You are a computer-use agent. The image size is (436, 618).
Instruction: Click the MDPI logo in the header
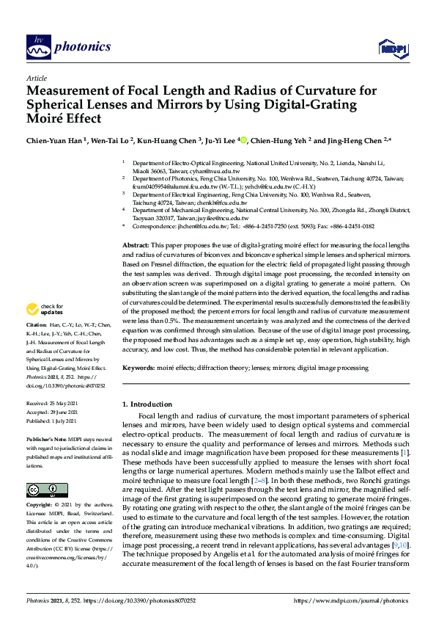(x=391, y=48)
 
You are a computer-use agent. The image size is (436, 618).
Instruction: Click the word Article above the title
(x=36, y=78)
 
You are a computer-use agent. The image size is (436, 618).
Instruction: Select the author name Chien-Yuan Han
(x=55, y=139)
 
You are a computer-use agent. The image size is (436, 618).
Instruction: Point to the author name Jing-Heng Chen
(x=359, y=139)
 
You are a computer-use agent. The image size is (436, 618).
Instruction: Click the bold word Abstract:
(x=136, y=244)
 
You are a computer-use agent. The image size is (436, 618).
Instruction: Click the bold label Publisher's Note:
(x=48, y=438)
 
